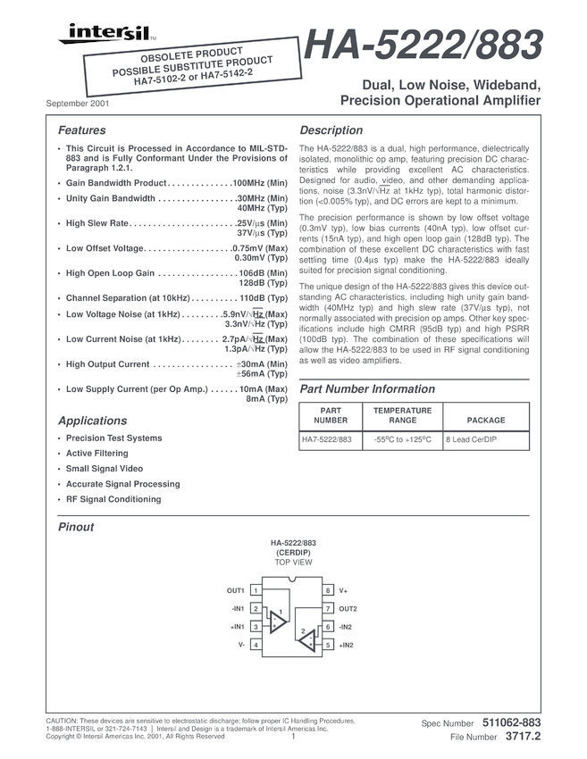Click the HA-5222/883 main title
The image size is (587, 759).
(x=423, y=46)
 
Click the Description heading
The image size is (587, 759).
(x=331, y=130)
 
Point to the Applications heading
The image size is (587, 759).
(x=92, y=421)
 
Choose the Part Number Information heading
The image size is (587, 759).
(x=367, y=389)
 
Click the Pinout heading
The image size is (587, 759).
(x=76, y=527)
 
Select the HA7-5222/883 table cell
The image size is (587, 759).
(x=326, y=440)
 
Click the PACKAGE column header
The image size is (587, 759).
(x=486, y=420)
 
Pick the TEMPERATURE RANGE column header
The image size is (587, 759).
(x=402, y=415)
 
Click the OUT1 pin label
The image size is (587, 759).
(x=236, y=591)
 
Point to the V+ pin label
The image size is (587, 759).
(x=344, y=591)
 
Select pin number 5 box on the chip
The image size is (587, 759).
(x=328, y=645)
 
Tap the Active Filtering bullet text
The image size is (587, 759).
(x=96, y=454)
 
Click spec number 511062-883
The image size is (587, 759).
(x=510, y=721)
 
